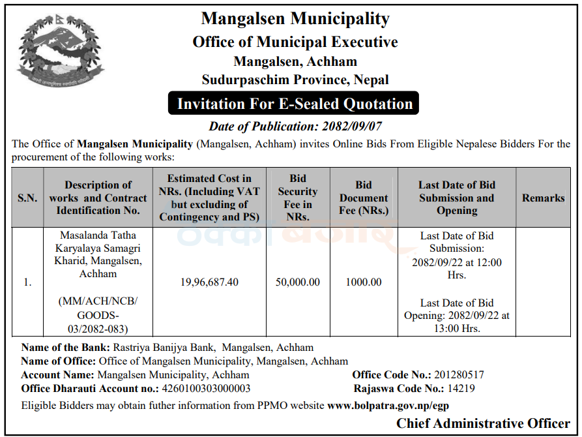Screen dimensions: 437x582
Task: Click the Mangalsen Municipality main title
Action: point(295,19)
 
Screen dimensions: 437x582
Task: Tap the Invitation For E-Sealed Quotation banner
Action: point(295,104)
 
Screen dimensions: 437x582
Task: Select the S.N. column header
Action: point(27,198)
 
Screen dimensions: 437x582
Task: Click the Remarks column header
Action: point(543,198)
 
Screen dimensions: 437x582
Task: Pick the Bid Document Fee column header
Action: point(364,198)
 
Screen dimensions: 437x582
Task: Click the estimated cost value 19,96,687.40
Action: point(209,282)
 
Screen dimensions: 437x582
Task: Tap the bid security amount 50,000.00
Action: point(297,282)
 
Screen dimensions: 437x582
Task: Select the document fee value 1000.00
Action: point(364,282)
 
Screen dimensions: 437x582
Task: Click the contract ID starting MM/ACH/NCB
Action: point(98,315)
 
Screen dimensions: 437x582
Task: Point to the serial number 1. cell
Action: point(27,282)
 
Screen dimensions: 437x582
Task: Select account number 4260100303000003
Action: point(205,389)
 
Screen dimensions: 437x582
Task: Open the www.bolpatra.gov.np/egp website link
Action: point(388,406)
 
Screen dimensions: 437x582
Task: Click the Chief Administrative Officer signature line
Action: point(483,423)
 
